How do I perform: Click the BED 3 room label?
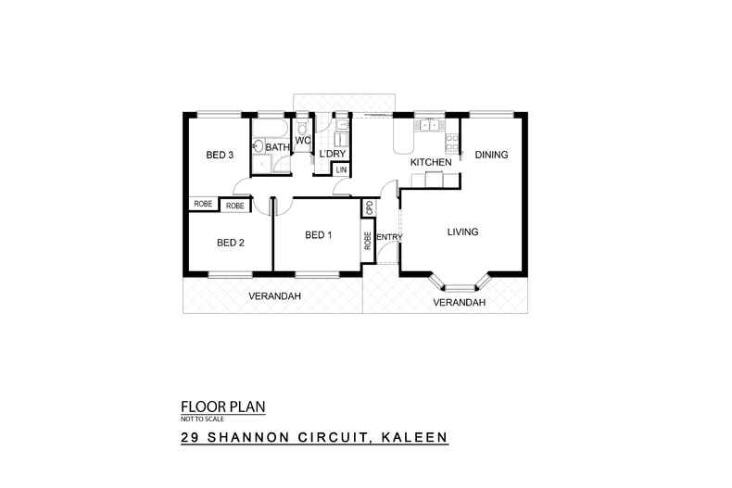coord(220,156)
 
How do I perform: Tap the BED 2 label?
coord(230,244)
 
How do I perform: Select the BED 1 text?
coord(318,235)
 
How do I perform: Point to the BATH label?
coord(277,147)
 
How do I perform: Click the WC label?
coord(302,141)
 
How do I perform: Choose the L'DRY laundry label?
coord(332,154)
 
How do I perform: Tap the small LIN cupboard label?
coord(341,170)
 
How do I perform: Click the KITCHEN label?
coord(431,163)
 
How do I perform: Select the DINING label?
coord(491,155)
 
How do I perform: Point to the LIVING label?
coord(463,231)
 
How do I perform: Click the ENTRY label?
coord(388,237)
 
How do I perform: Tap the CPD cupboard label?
coord(369,208)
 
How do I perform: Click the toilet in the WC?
coord(302,126)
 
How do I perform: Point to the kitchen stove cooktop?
coord(451,143)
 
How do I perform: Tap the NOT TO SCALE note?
coord(203,419)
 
